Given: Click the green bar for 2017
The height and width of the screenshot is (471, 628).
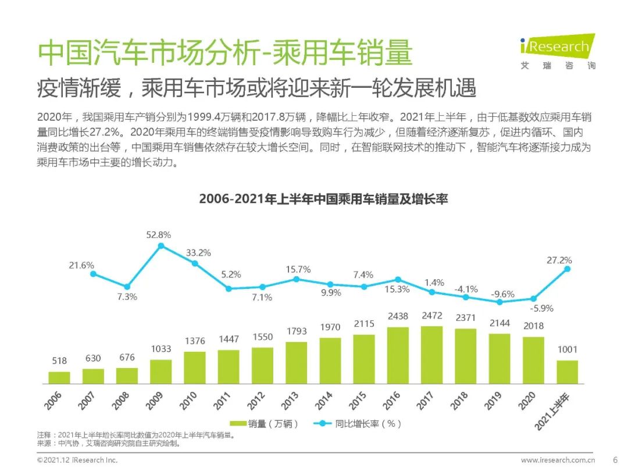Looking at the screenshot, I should pos(431,355).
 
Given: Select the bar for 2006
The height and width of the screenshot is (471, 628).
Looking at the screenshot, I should pos(59,377).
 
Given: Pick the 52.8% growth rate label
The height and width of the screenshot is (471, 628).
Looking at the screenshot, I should pos(158,235).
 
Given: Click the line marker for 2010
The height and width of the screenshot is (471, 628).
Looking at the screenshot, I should pos(195,263).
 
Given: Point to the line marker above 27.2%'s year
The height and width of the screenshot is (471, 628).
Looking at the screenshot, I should pos(567,269).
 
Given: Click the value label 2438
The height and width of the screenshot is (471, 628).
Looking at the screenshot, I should pos(398,317).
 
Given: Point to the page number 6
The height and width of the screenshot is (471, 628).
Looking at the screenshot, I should pos(615,459).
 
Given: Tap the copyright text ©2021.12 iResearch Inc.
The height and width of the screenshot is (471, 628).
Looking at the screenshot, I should pos(77,460).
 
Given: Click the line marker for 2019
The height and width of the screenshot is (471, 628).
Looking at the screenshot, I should pos(499,302).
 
